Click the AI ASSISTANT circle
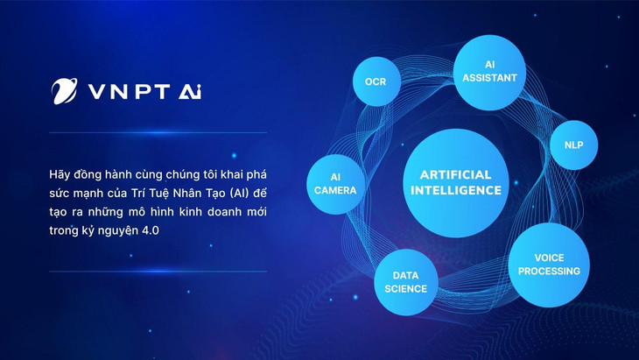(489, 71)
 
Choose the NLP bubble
(574, 145)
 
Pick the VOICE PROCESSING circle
(549, 264)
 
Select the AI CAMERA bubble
(335, 183)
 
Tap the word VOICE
(549, 258)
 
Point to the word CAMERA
(335, 190)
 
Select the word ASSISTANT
(489, 77)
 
